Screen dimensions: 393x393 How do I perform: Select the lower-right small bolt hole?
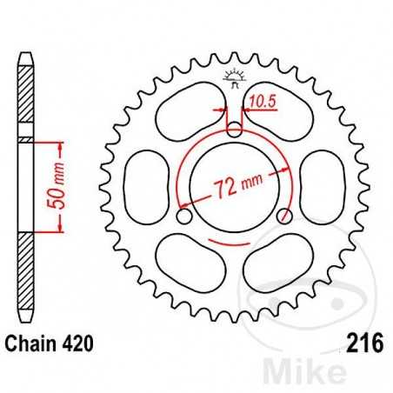[x=283, y=216]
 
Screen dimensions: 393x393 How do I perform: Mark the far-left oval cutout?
[x=140, y=184]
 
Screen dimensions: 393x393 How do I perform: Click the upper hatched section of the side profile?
[x=27, y=96]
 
